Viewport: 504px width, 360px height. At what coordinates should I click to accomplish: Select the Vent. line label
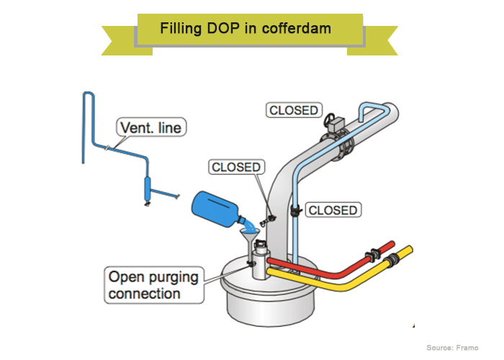click(150, 129)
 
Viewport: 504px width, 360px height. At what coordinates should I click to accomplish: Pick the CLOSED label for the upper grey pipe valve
click(293, 110)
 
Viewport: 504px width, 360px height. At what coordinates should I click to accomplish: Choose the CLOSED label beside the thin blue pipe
click(332, 210)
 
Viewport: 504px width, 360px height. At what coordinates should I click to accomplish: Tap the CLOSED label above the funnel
click(235, 167)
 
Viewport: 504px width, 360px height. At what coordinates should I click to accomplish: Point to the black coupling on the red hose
click(373, 253)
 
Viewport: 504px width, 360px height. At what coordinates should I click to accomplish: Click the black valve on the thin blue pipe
click(294, 211)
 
